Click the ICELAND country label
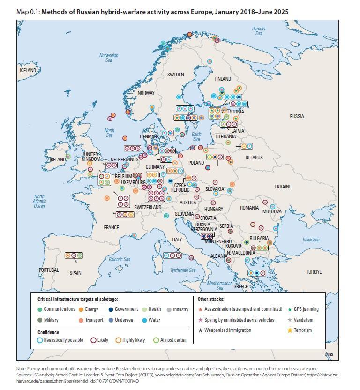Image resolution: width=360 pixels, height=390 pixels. coord(28,70)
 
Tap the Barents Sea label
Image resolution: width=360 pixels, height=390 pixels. coord(259,31)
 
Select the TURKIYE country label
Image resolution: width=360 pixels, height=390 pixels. coord(314,272)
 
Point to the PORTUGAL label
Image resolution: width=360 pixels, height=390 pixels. coord(49,270)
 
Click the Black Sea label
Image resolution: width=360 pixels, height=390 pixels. coord(311,240)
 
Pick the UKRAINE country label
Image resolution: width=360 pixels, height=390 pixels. coord(283,187)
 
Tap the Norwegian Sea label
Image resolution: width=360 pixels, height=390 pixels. coord(109,58)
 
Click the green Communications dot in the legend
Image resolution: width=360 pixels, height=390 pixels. coord(40,309)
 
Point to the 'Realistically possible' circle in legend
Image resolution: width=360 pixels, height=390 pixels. coord(40,340)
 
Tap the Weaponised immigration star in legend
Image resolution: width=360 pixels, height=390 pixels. coord(201,330)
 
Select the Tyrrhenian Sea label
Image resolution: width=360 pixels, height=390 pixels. coord(183,270)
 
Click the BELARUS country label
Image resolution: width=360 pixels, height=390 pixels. coord(254,158)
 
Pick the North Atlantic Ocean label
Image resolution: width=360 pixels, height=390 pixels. coord(39,201)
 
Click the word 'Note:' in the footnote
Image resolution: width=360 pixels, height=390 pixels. coord(22,369)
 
